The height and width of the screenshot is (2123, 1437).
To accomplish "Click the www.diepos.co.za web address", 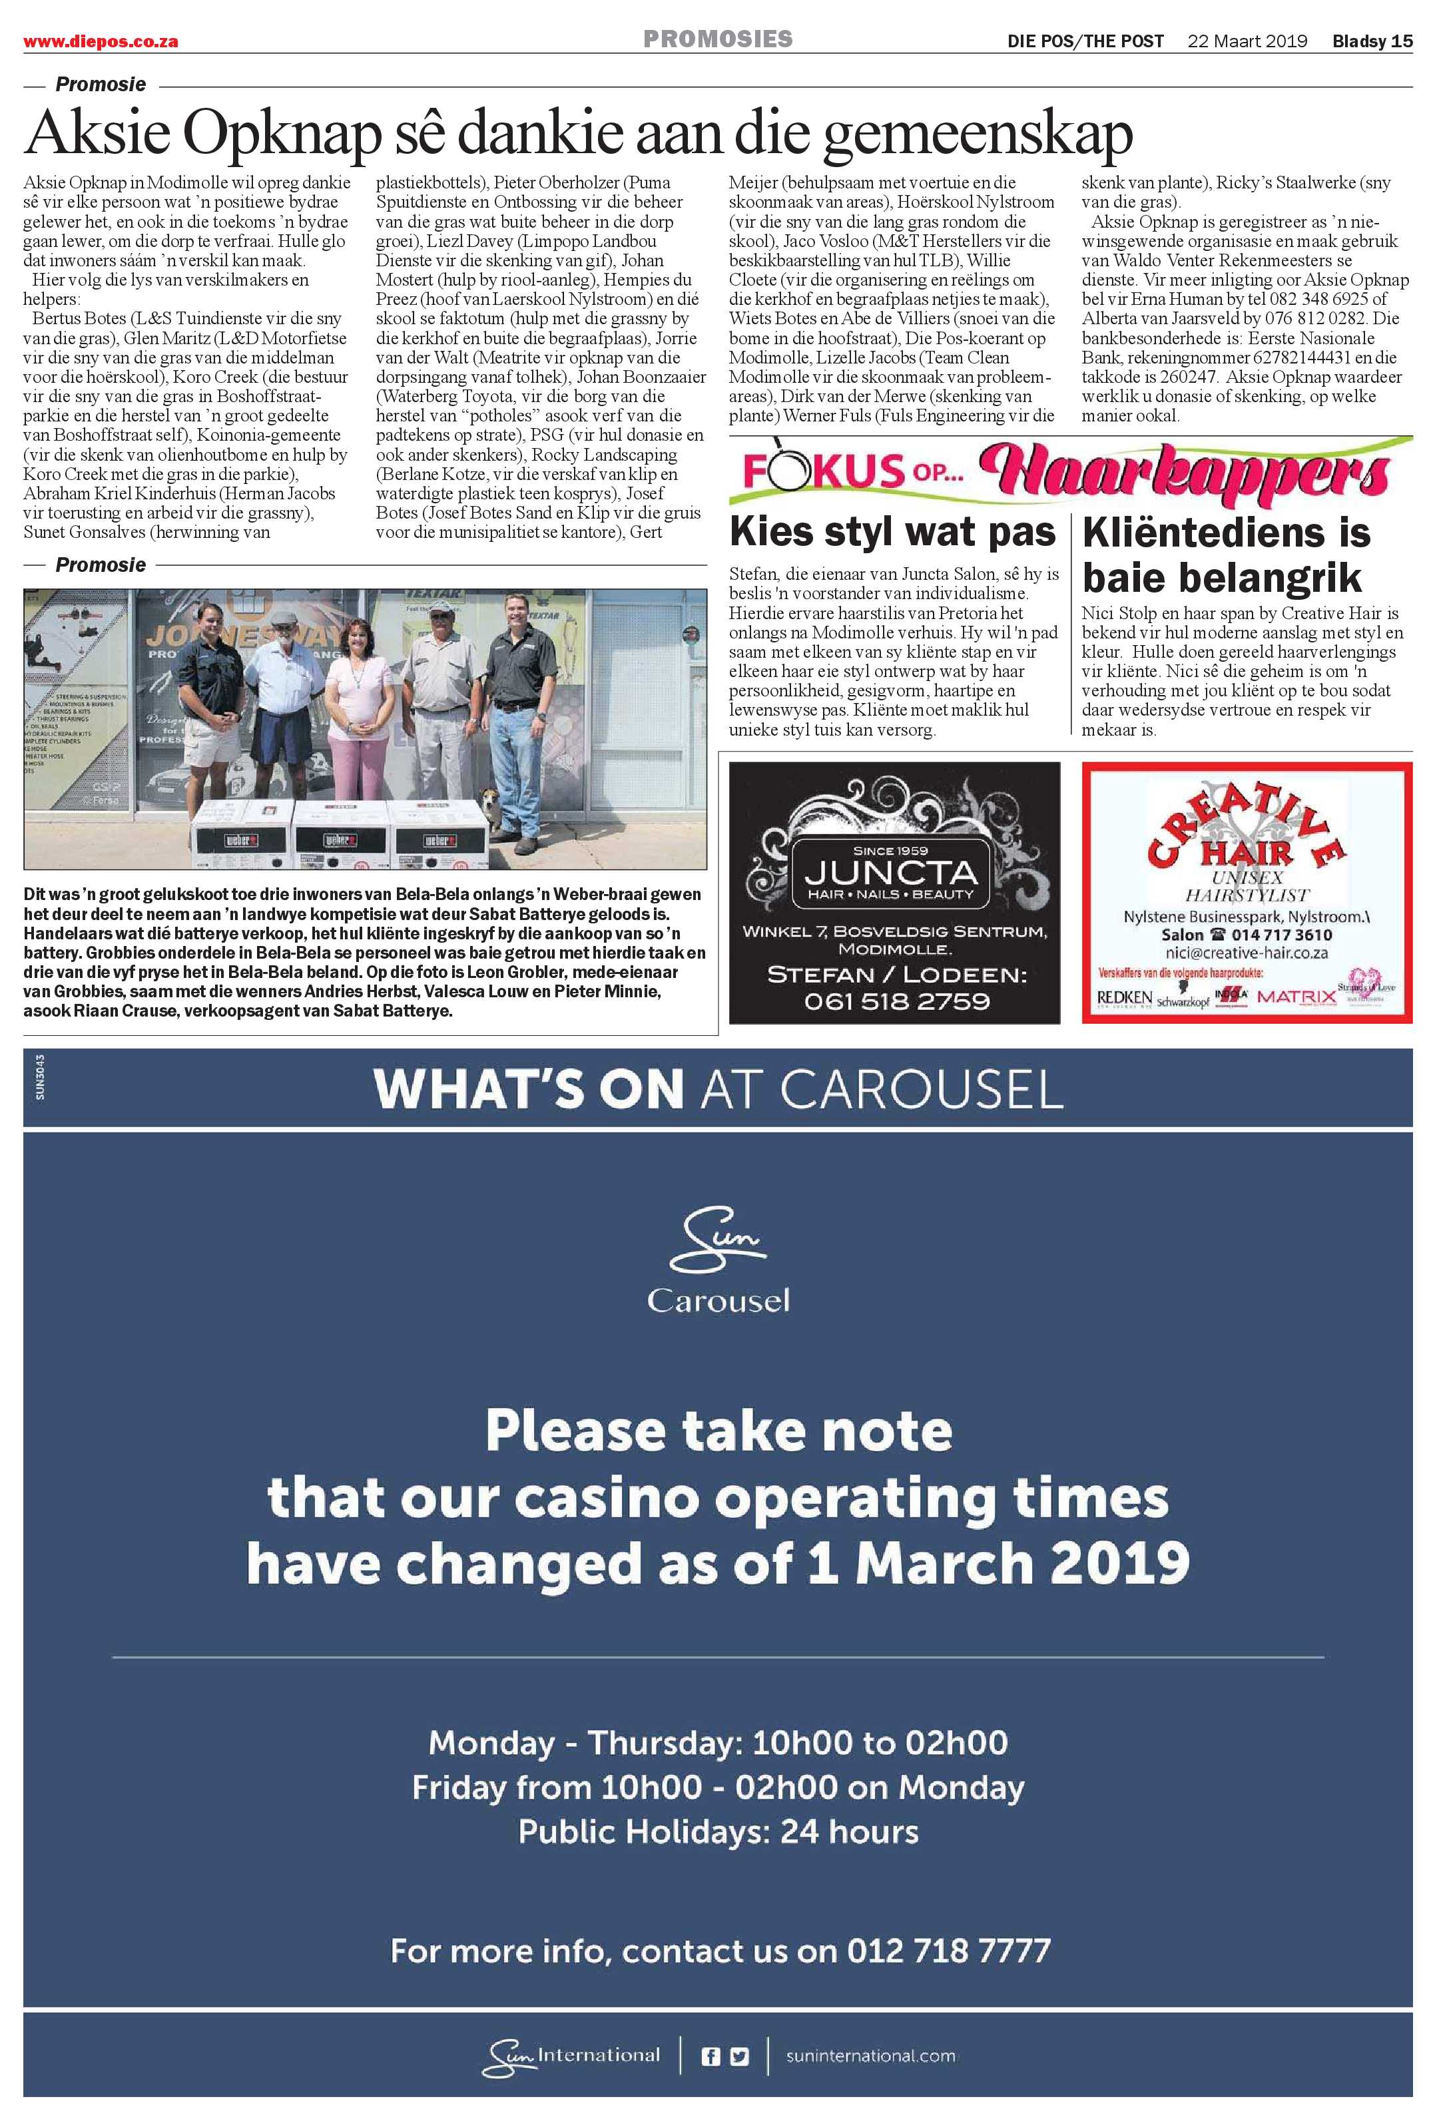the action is (101, 42).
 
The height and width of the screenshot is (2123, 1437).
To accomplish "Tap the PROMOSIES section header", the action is (717, 39).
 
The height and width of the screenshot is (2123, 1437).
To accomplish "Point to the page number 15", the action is (1402, 41).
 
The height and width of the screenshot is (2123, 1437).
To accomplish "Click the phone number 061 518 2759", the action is (896, 1001).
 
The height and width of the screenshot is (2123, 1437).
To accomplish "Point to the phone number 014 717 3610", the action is (1281, 935).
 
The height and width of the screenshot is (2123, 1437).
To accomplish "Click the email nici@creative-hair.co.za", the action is (1246, 953).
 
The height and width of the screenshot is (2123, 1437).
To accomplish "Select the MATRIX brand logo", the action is (1295, 997).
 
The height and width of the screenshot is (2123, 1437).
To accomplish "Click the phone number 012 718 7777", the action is (948, 1951).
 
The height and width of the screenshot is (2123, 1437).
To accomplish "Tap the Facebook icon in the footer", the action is (710, 2056).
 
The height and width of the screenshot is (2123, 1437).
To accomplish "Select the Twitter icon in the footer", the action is (739, 2056).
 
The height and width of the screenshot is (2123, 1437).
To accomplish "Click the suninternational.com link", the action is (870, 2056).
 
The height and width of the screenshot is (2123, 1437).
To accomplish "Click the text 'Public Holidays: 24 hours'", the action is (718, 1831).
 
